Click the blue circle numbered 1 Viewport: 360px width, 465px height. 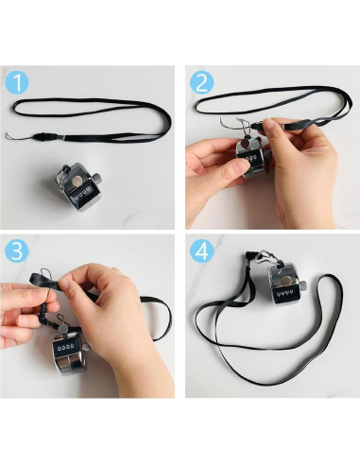tap(17, 83)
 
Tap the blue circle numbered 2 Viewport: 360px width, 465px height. tap(201, 83)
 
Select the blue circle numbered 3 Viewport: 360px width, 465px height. tap(17, 251)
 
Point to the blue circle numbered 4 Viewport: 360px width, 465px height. tap(201, 251)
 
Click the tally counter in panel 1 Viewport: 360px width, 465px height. tap(79, 187)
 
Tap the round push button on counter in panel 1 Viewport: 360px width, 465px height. tap(77, 181)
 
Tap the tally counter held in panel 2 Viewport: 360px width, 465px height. tap(253, 159)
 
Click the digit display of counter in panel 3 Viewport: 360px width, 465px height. tap(64, 347)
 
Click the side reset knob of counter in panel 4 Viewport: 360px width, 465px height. tap(303, 285)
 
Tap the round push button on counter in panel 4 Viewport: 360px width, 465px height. tap(286, 280)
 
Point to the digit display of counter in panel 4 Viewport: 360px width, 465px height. tap(284, 295)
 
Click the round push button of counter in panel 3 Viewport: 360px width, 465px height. tap(64, 328)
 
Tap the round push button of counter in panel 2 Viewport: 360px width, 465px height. tap(245, 144)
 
